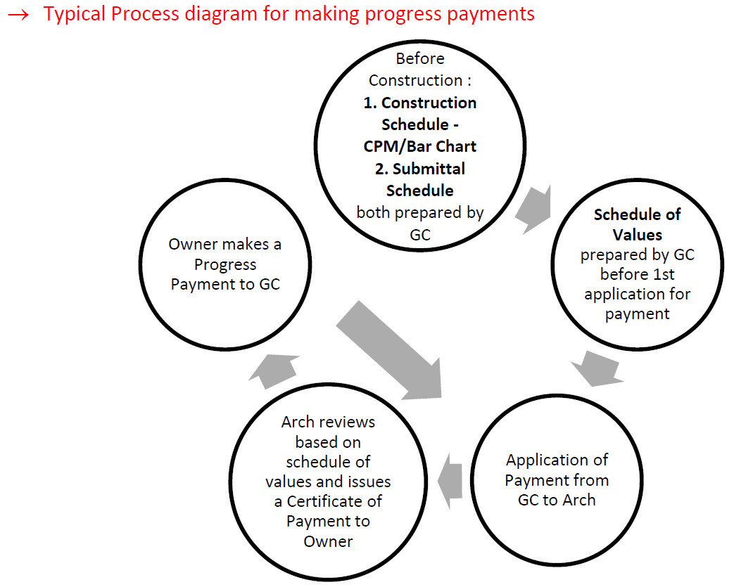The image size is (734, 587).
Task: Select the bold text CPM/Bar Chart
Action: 419,146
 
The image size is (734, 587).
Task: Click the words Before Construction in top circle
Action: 420,69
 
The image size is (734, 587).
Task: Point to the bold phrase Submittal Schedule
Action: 420,179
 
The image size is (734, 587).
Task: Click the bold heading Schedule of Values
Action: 637,224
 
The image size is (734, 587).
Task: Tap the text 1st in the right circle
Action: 669,274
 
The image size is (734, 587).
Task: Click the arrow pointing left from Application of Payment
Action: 450,482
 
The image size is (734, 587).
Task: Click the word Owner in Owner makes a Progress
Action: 193,245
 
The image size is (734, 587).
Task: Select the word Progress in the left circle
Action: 225,265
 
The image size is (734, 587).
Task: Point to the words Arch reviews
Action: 328,422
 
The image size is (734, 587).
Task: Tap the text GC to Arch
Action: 556,501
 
